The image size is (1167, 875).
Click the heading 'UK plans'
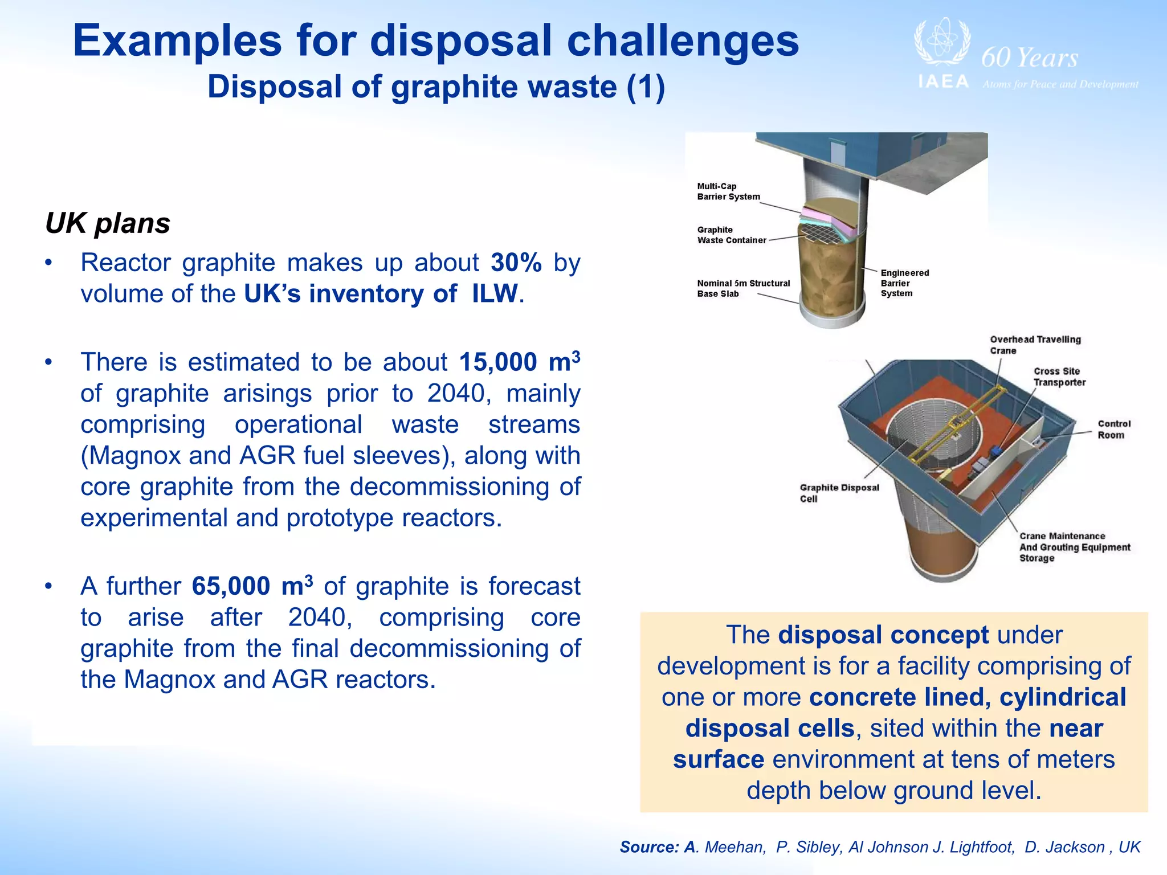(107, 223)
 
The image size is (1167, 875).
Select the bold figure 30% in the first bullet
(516, 263)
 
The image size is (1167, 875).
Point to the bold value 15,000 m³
(519, 362)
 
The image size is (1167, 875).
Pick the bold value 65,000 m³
(252, 586)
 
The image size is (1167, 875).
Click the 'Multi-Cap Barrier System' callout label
(728, 191)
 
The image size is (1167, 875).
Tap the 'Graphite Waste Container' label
(731, 235)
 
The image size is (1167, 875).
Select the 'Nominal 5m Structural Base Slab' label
(743, 288)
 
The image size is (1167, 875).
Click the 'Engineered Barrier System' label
(904, 283)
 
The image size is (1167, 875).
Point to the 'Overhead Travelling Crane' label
(1034, 345)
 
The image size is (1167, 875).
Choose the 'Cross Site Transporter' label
(1059, 377)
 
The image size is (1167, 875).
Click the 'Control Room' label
(1113, 429)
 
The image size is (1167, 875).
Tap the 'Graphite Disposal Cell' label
(839, 493)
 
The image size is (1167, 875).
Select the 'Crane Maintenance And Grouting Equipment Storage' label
(1074, 547)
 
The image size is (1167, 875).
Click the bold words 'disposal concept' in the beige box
(883, 635)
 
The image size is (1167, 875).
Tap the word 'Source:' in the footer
(649, 847)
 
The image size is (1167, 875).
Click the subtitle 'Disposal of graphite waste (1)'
(436, 87)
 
